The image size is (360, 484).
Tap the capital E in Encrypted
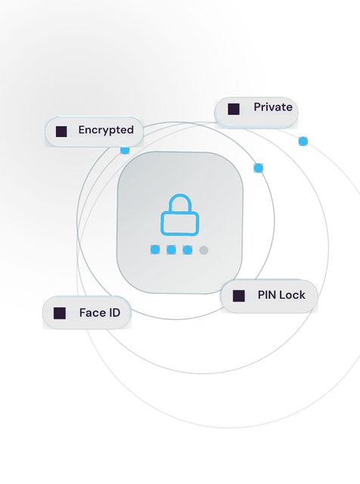(82, 129)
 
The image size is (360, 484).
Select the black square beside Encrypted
(61, 132)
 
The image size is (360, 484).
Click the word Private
(273, 107)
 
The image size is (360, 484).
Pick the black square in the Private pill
(234, 109)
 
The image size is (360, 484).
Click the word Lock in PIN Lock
(293, 295)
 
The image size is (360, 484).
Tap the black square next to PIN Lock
(239, 296)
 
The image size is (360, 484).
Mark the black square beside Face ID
(60, 313)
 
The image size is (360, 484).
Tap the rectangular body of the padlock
(180, 224)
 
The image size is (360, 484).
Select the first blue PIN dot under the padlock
(155, 250)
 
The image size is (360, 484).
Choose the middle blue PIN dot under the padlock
(172, 250)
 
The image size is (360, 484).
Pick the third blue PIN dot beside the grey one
(188, 250)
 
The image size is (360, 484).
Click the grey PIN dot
(203, 250)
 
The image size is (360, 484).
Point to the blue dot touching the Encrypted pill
(125, 150)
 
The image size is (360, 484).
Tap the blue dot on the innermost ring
(259, 168)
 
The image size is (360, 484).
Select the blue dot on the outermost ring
(303, 141)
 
